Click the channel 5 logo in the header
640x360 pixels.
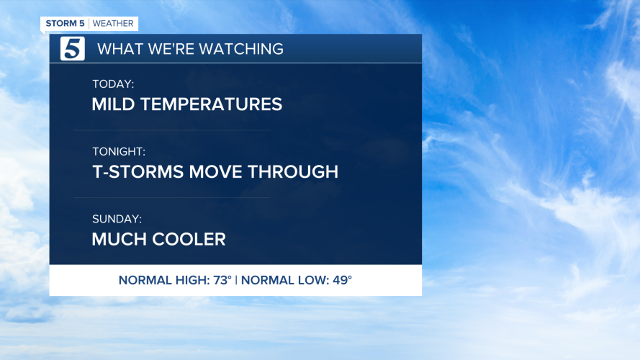(x=72, y=48)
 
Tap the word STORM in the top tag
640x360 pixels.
(x=60, y=24)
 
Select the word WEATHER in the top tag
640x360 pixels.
(x=113, y=24)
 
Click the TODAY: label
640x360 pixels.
(x=113, y=84)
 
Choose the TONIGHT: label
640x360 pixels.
(x=119, y=152)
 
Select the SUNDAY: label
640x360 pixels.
(x=117, y=219)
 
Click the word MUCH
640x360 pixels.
(x=115, y=239)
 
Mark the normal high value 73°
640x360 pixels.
(x=220, y=280)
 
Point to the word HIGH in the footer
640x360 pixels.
(x=189, y=280)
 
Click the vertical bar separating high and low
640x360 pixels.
(x=236, y=280)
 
